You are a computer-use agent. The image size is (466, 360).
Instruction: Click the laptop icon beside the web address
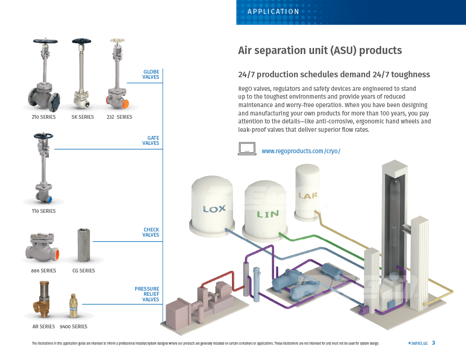[247, 149]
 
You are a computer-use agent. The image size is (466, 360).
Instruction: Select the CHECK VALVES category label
[151, 232]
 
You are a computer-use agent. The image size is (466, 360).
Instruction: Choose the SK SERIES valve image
[83, 75]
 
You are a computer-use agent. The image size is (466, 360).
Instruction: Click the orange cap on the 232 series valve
[113, 100]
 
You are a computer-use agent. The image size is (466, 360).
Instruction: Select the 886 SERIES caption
[44, 271]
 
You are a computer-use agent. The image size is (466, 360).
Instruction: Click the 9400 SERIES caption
[73, 326]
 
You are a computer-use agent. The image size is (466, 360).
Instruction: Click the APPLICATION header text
[274, 12]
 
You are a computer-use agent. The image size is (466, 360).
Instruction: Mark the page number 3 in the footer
[433, 343]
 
